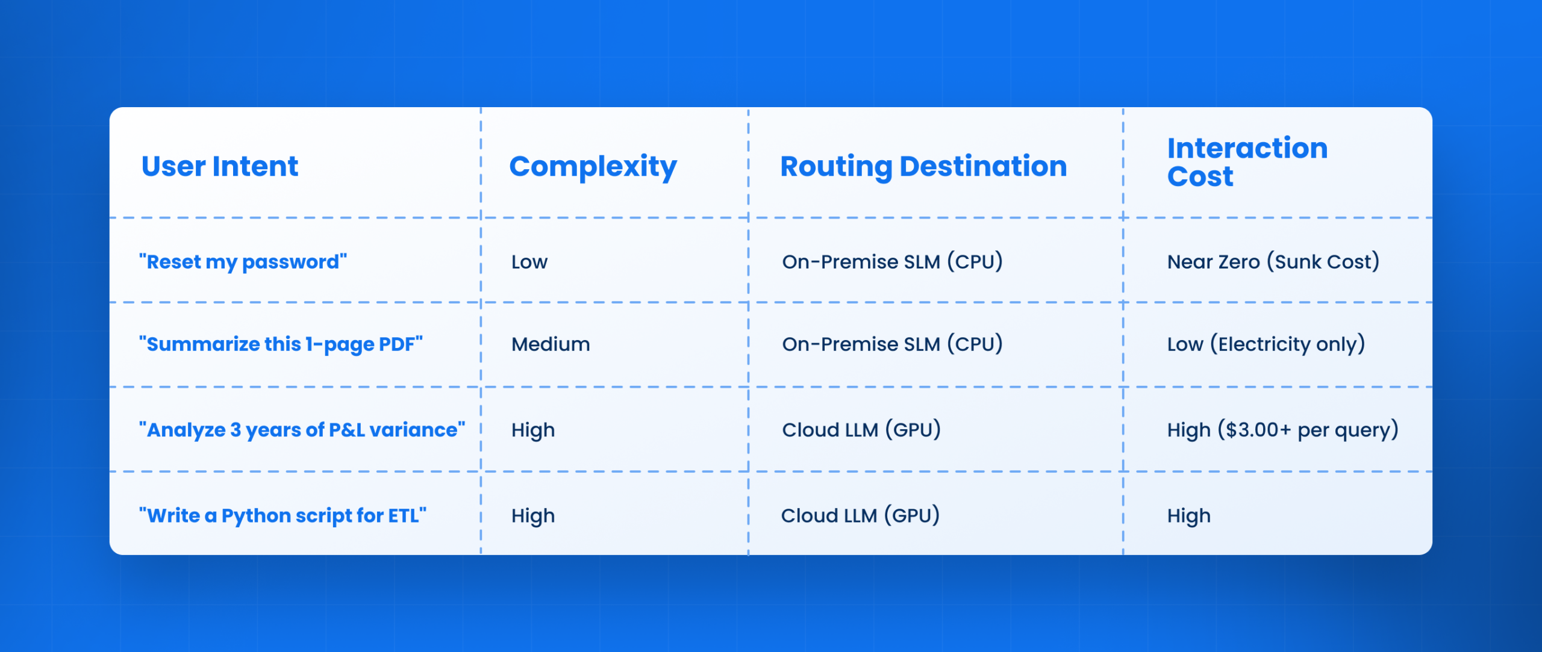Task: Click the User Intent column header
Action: (x=220, y=166)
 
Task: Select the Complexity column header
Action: (x=593, y=167)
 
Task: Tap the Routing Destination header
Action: (x=923, y=167)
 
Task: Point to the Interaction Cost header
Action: (x=1247, y=162)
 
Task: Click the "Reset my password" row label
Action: (x=243, y=262)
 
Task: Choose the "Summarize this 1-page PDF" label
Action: (x=281, y=344)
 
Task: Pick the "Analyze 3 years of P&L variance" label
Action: (x=302, y=430)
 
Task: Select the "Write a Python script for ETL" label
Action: (x=282, y=516)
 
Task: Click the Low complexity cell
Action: (x=529, y=262)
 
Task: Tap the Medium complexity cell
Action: (x=551, y=344)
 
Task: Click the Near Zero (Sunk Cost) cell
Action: (x=1273, y=262)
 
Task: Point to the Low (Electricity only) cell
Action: (x=1266, y=344)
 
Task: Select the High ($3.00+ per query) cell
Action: (x=1282, y=430)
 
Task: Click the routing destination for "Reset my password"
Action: (x=892, y=262)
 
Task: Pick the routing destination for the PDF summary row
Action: (x=892, y=344)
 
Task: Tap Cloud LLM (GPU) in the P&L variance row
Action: (x=861, y=430)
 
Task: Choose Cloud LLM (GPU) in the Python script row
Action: (x=860, y=516)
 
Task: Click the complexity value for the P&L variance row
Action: (x=533, y=430)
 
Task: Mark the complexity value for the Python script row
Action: (x=533, y=516)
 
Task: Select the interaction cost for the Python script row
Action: (x=1188, y=516)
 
